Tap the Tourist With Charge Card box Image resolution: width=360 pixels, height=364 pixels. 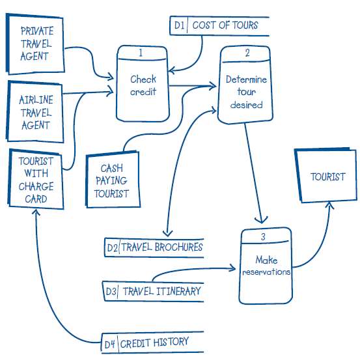[x=36, y=179]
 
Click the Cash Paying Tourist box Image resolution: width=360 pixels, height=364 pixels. [x=111, y=180]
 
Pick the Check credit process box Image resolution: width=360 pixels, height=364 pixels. [x=143, y=85]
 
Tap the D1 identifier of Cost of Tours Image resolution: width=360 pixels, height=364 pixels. [x=179, y=25]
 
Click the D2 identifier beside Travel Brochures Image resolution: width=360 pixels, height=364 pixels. [x=112, y=247]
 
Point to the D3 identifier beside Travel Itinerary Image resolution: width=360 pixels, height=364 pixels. [x=111, y=291]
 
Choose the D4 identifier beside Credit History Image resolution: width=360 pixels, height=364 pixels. [x=111, y=341]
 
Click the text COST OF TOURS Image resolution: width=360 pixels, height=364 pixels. [x=225, y=25]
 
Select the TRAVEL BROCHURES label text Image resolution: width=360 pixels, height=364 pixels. [x=162, y=247]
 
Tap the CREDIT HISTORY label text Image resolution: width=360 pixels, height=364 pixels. [x=155, y=341]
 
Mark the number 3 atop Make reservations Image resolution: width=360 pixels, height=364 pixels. [x=263, y=236]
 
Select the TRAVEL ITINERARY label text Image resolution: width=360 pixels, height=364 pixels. [x=161, y=291]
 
